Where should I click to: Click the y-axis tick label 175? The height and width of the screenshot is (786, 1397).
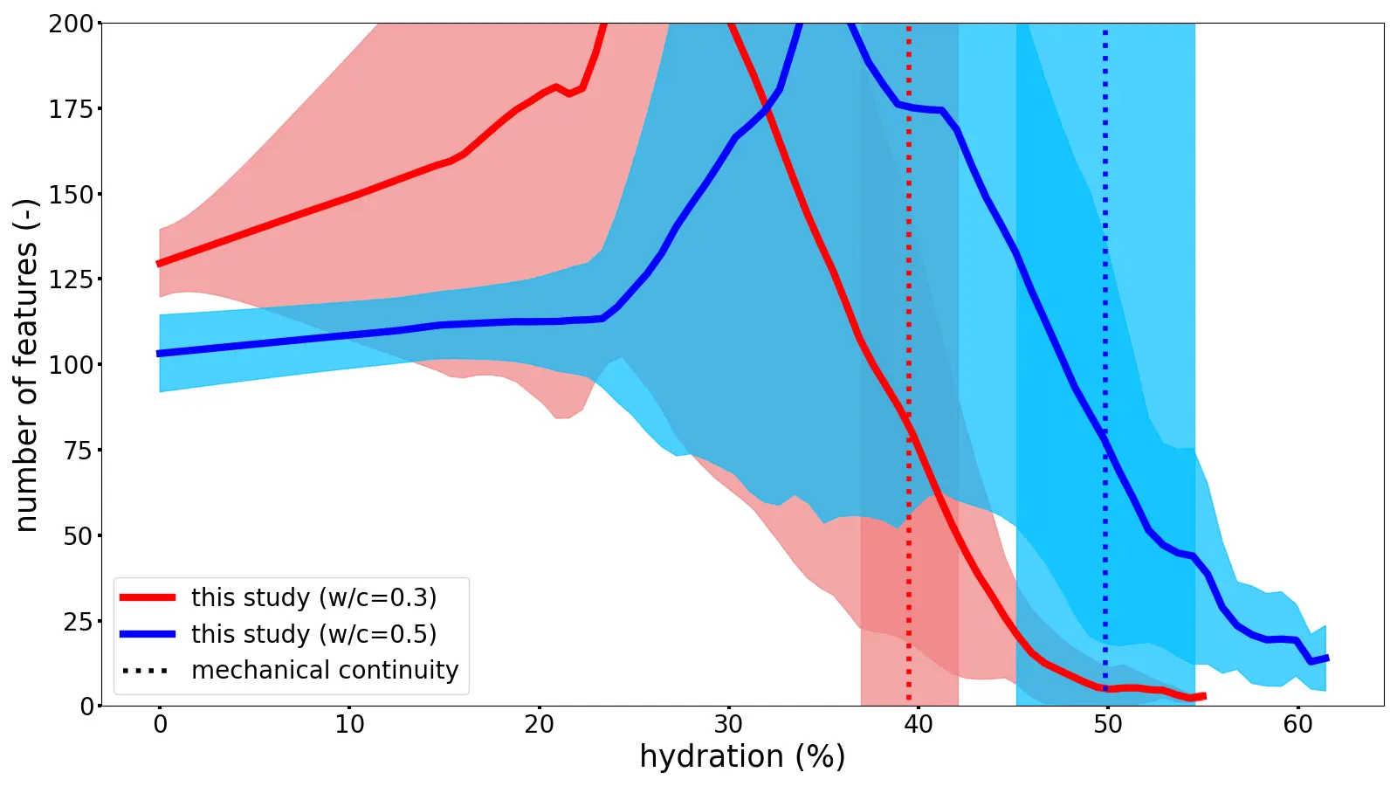click(x=71, y=109)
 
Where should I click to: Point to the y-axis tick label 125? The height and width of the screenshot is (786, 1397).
click(x=71, y=279)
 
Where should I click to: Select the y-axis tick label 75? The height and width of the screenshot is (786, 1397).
click(x=77, y=451)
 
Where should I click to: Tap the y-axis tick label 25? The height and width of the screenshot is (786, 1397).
click(x=77, y=622)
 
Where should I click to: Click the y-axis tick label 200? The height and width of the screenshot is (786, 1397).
click(x=71, y=24)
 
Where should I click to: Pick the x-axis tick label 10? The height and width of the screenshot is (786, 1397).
click(x=349, y=725)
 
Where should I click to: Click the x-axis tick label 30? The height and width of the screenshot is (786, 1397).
click(x=728, y=725)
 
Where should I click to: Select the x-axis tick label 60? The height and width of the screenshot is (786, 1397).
click(x=1297, y=725)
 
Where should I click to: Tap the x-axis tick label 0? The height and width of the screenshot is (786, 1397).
click(x=160, y=725)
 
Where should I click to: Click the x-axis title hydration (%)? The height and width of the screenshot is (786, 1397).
click(x=742, y=756)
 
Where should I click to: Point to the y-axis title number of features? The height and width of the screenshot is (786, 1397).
click(x=26, y=365)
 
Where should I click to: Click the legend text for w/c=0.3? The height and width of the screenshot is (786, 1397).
click(x=313, y=597)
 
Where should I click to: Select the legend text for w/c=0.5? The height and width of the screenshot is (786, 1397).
click(x=313, y=634)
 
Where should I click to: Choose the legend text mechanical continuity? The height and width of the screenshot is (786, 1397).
click(x=325, y=670)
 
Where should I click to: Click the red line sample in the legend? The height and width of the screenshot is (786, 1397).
click(x=148, y=597)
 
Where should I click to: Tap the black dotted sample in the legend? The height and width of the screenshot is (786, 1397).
click(x=148, y=671)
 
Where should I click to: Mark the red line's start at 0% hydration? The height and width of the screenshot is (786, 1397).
click(x=160, y=263)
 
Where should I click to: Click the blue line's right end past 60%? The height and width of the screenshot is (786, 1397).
click(x=1326, y=658)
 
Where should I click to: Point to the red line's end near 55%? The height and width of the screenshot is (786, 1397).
click(x=1203, y=696)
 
